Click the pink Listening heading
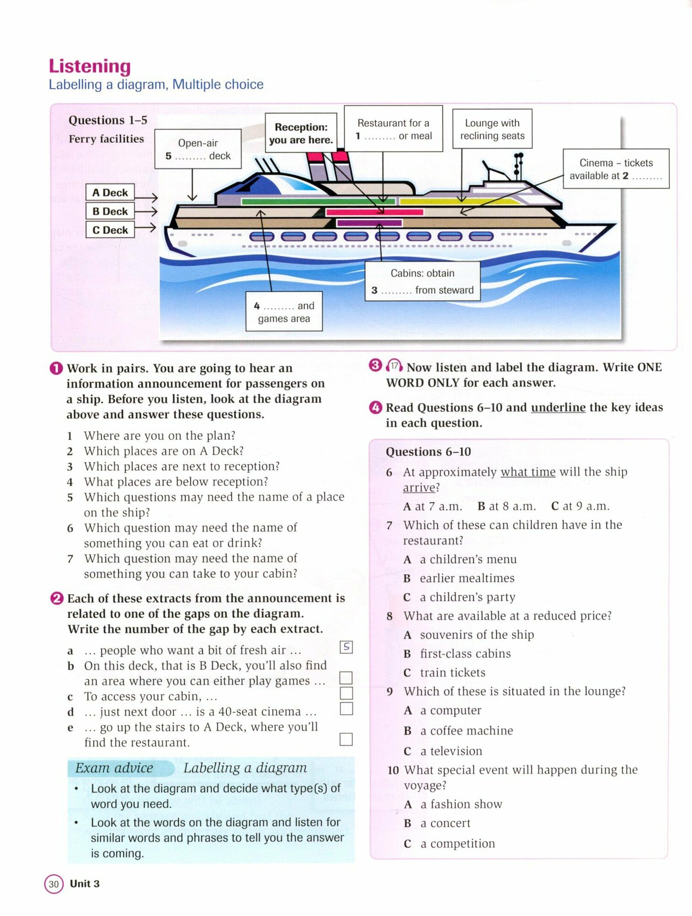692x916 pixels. [x=90, y=66]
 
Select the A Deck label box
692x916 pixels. [x=110, y=192]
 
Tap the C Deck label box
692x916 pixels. [x=110, y=230]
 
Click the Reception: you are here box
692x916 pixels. [x=301, y=133]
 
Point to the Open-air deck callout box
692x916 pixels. [x=198, y=149]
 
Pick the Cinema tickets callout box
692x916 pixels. [x=615, y=169]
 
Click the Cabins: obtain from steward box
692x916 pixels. [x=422, y=281]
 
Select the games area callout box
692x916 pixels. [x=284, y=311]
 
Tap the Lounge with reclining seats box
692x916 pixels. [x=492, y=129]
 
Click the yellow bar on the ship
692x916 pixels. [x=458, y=202]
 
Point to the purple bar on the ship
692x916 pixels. [x=369, y=223]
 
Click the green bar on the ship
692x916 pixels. [x=318, y=202]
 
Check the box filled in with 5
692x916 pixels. [x=346, y=647]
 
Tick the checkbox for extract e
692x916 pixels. [x=346, y=739]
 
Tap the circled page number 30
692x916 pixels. [x=54, y=884]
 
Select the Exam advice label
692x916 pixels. [x=115, y=768]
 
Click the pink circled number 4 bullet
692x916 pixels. [x=375, y=407]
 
